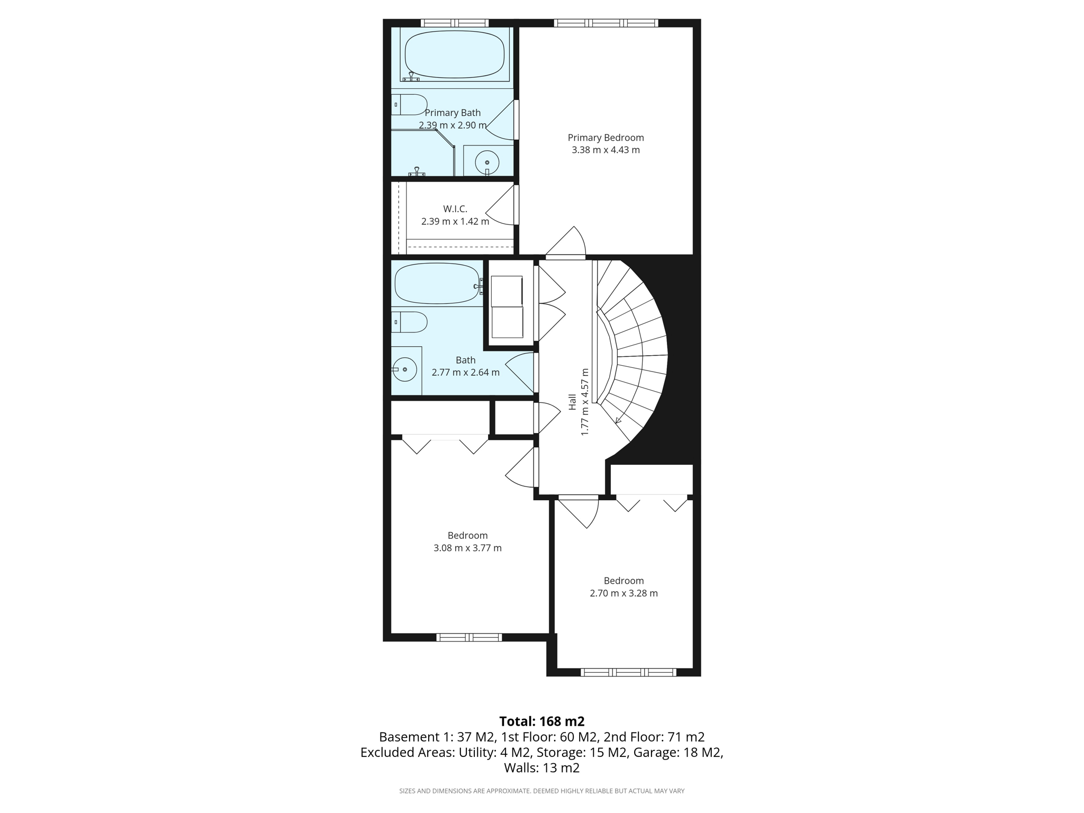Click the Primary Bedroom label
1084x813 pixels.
click(x=606, y=138)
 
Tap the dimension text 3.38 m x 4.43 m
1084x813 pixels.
click(x=606, y=150)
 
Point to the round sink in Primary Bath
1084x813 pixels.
click(x=487, y=162)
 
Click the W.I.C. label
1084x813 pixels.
click(x=455, y=209)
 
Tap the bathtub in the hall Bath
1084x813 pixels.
click(x=437, y=284)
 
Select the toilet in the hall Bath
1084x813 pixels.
click(x=410, y=322)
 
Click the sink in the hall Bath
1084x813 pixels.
click(x=405, y=369)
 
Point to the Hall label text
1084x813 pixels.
click(x=572, y=402)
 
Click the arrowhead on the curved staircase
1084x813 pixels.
click(x=618, y=421)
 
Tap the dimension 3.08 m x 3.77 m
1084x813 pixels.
click(x=467, y=548)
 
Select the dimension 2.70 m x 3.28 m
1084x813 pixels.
click(x=624, y=593)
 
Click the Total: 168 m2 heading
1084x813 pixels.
click(x=541, y=721)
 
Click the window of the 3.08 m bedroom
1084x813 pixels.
click(x=469, y=637)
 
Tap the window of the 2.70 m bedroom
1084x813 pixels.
click(x=628, y=672)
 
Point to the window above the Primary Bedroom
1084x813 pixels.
click(x=606, y=23)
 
